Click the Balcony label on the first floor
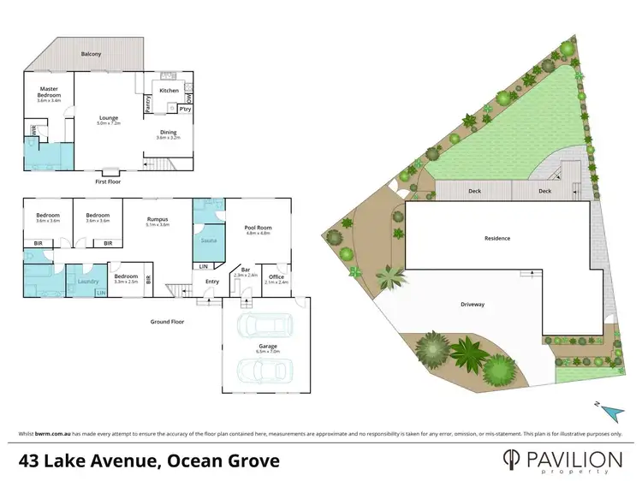(91, 54)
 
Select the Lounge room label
(109, 119)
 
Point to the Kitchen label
(169, 90)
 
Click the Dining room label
(168, 132)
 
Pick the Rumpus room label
(157, 219)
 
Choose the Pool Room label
(258, 227)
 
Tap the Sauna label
(208, 240)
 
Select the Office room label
(276, 276)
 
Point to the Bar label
(245, 270)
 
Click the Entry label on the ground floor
(212, 282)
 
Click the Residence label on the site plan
(497, 238)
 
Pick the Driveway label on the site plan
(473, 303)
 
